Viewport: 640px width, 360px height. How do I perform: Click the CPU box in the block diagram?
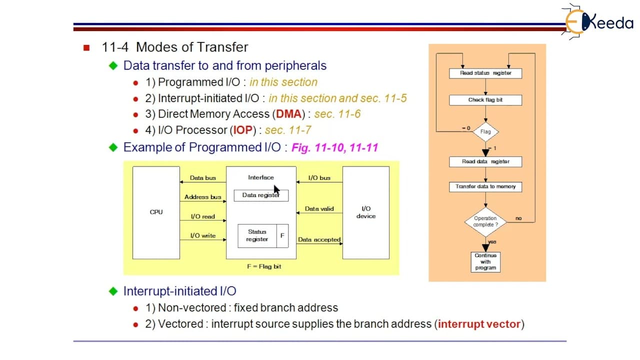coord(156,212)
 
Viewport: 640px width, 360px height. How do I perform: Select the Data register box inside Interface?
coord(261,195)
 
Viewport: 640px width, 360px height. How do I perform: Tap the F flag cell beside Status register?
coord(282,235)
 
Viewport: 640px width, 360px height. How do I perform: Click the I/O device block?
coord(365,212)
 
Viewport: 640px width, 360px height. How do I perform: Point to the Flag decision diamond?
coord(485,131)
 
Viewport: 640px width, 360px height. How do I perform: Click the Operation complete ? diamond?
coord(485,221)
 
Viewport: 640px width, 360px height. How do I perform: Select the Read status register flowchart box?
coord(485,73)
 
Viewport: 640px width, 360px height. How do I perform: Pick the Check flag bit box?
coord(485,100)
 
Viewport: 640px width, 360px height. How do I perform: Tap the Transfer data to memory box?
coord(485,186)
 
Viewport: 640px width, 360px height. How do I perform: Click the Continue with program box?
coord(485,261)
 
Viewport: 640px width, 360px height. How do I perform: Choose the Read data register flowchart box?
coord(485,161)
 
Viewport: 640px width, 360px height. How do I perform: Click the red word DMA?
coord(288,114)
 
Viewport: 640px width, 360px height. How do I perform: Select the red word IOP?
coord(243,130)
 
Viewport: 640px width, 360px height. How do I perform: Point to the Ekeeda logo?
coord(597,21)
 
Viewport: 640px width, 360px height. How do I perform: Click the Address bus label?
coord(202,197)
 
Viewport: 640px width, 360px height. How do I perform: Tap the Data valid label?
coord(319,209)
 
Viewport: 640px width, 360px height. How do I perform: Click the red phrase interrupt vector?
coord(479,324)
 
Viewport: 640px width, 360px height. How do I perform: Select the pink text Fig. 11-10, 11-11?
coord(334,147)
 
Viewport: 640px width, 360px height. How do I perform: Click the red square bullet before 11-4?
coord(86,47)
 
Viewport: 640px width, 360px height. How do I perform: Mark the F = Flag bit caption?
coord(264,266)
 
